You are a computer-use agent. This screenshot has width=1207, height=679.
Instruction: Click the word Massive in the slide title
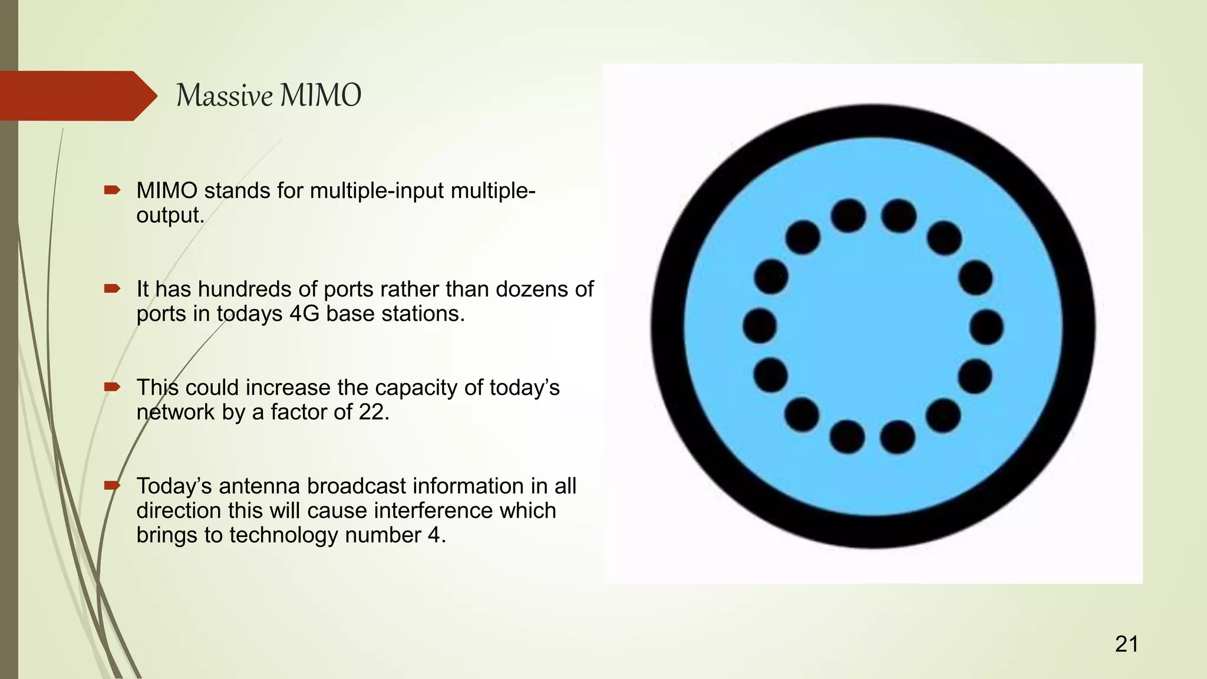pos(224,95)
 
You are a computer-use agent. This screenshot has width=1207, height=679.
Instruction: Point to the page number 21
pos(1126,644)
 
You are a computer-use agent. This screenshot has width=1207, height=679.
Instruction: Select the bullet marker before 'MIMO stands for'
pos(112,190)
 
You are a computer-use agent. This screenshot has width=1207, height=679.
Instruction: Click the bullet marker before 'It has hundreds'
pos(112,289)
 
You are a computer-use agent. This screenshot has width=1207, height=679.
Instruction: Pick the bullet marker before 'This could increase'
pos(112,387)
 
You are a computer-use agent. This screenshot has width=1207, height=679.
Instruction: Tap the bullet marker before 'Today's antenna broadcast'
pos(112,486)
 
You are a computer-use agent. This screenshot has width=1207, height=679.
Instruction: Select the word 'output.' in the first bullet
pos(170,215)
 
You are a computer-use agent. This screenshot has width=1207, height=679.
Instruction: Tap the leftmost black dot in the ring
pos(760,325)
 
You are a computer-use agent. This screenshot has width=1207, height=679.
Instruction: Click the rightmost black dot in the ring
pos(986,327)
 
